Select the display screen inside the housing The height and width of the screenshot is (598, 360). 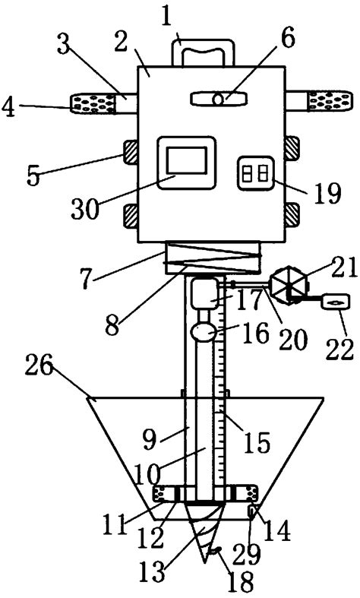[x=185, y=163]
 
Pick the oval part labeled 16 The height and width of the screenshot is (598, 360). [x=203, y=332]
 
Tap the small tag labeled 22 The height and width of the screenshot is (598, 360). [x=334, y=323]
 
